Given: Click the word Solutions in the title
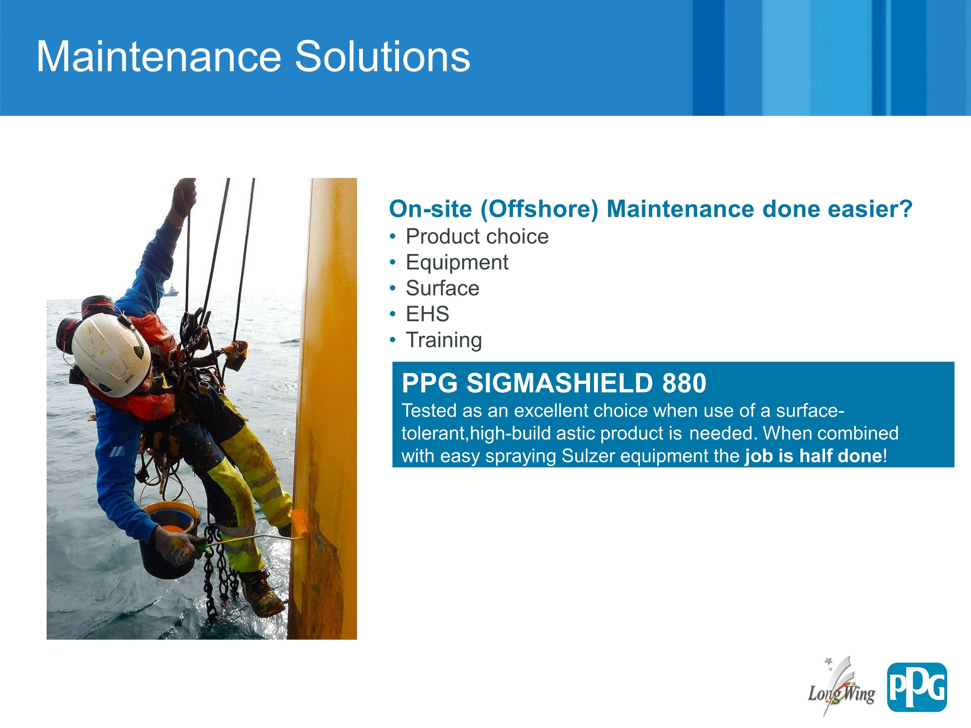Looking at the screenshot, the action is click(x=382, y=57).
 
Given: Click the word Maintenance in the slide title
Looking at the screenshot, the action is click(x=159, y=57).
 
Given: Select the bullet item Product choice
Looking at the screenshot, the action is click(x=477, y=237).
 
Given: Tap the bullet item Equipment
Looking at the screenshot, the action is click(x=457, y=263).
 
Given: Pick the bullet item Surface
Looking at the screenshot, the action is click(x=442, y=288).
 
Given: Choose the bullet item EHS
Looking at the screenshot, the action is click(x=428, y=314).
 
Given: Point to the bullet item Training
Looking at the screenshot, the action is click(x=444, y=340).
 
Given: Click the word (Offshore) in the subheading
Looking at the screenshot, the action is click(x=539, y=209).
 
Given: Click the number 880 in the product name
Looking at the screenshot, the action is click(x=684, y=383).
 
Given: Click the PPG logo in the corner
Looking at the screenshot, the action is click(x=917, y=687).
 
